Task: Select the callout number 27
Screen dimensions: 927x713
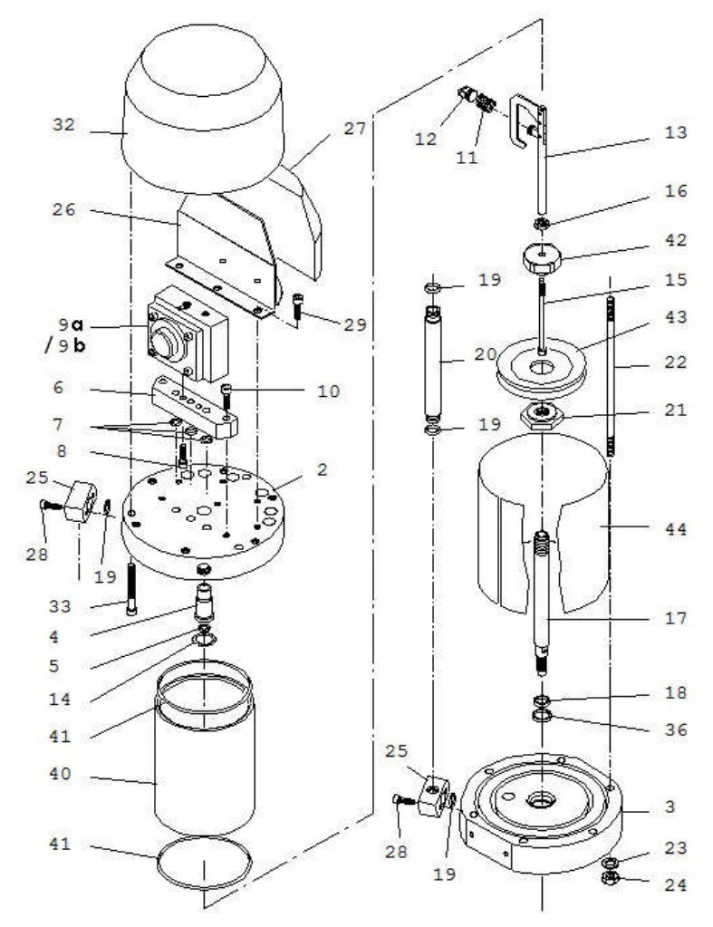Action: point(355,129)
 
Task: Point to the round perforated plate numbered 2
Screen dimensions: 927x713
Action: point(204,517)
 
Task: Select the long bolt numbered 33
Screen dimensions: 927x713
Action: point(133,589)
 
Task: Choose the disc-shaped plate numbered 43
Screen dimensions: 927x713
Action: point(542,367)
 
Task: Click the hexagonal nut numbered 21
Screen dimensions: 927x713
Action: point(542,415)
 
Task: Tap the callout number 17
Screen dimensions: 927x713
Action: point(674,621)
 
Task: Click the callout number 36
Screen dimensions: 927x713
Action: point(674,729)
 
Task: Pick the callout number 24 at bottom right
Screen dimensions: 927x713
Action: point(674,886)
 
